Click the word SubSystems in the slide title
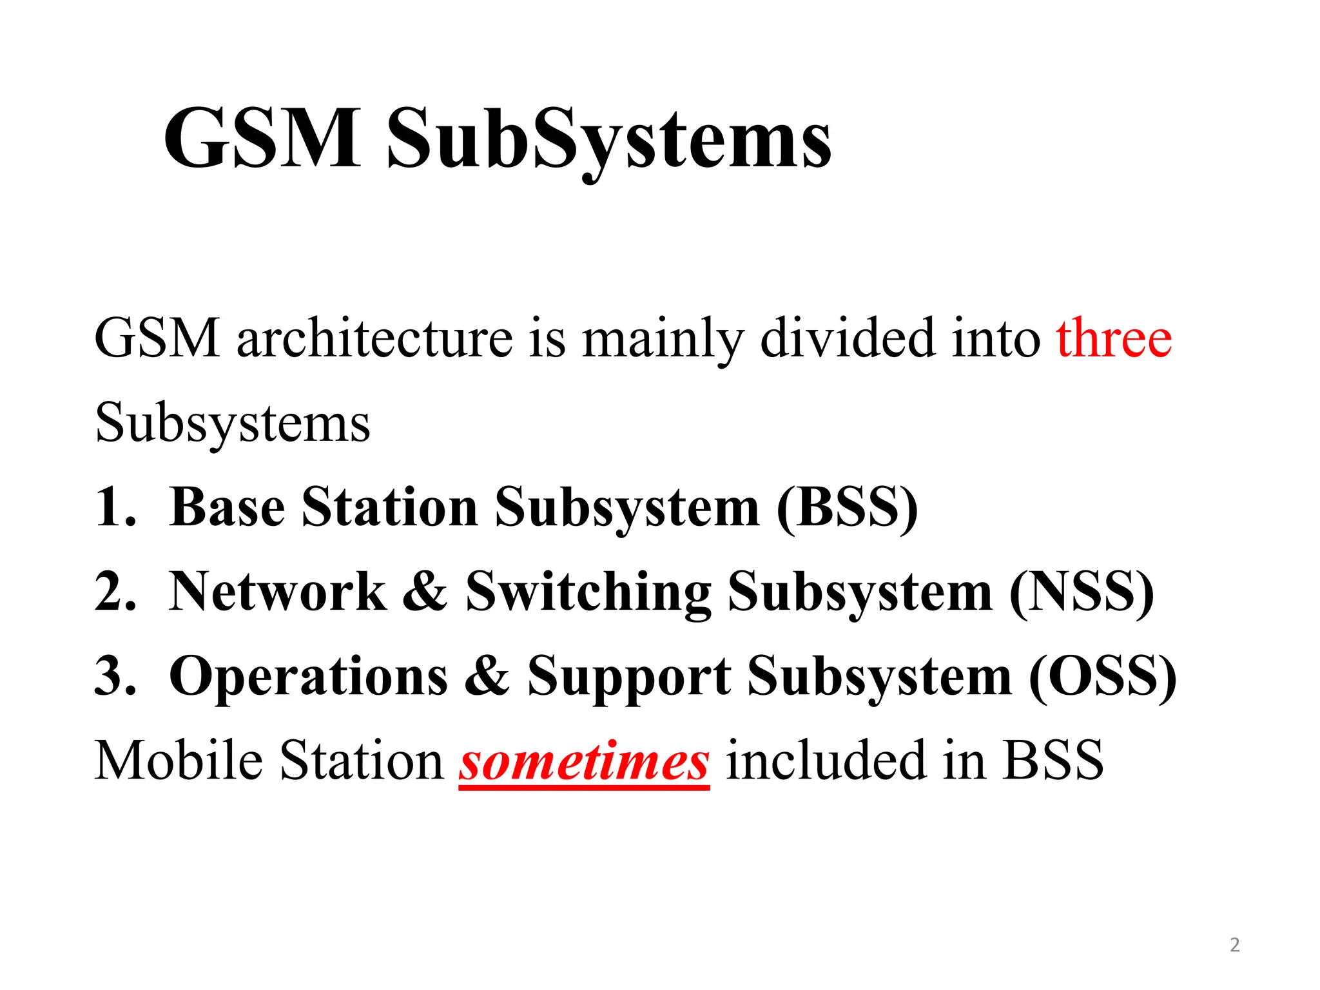pyautogui.click(x=608, y=139)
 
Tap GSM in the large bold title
pyautogui.click(x=262, y=139)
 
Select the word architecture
pyautogui.click(x=374, y=338)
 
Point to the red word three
pyautogui.click(x=1114, y=338)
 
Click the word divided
pyautogui.click(x=848, y=338)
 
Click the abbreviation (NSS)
pyautogui.click(x=1082, y=592)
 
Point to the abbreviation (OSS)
pyautogui.click(x=1103, y=677)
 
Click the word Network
pyautogui.click(x=278, y=591)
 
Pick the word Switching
pyautogui.click(x=588, y=592)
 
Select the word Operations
pyautogui.click(x=308, y=677)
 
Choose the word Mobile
pyautogui.click(x=178, y=761)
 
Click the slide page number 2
pyautogui.click(x=1234, y=945)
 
